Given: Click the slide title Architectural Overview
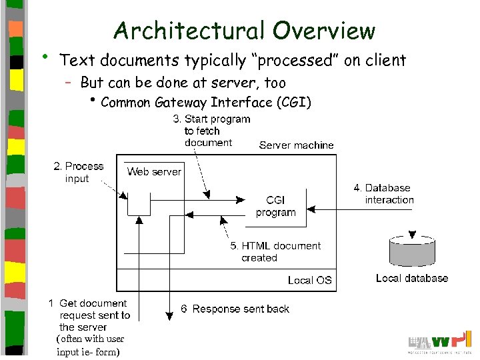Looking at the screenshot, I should click(244, 31).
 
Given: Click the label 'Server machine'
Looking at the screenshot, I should click(296, 145).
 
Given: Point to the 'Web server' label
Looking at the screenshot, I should click(154, 172).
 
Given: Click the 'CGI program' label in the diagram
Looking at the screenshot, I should click(275, 206).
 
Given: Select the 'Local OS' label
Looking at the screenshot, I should click(309, 280).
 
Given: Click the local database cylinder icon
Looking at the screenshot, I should click(412, 252).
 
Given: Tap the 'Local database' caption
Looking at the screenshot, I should click(412, 278).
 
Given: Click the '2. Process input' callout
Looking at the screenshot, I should click(78, 172).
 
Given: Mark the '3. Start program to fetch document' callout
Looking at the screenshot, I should click(211, 131).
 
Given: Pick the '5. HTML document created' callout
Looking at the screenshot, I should click(275, 251).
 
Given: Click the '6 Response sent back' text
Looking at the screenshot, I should click(235, 309).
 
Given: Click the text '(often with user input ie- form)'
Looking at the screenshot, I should click(90, 345).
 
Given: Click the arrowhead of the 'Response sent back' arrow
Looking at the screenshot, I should click(169, 313).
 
